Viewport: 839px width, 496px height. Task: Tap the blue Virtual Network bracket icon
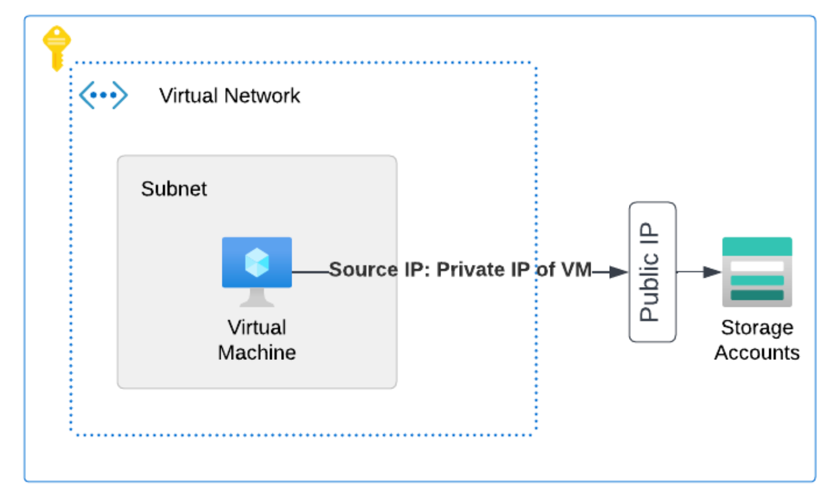(103, 95)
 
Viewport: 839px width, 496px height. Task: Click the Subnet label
(174, 189)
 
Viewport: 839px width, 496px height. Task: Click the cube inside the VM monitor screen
(256, 263)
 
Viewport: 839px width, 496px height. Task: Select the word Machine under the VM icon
(257, 353)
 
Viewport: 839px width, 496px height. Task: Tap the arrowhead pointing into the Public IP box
(619, 272)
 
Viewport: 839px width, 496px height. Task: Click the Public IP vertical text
(650, 272)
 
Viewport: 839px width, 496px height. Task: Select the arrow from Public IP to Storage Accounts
(699, 272)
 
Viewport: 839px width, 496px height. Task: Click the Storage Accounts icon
(757, 272)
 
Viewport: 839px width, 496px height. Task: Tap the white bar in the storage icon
(757, 266)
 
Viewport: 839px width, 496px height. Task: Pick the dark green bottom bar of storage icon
(757, 295)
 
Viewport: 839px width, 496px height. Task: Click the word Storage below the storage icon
(757, 327)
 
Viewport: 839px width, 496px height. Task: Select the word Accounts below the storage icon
(757, 353)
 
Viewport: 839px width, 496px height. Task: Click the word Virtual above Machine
(257, 327)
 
